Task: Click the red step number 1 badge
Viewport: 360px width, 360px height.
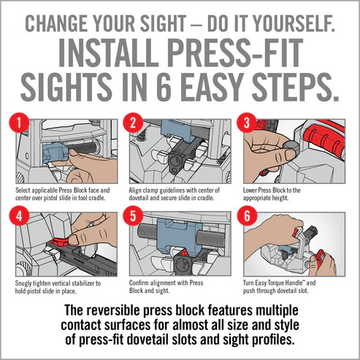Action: [19, 123]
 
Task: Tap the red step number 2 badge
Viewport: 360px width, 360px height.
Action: [133, 123]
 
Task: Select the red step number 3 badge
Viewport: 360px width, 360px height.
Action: [247, 123]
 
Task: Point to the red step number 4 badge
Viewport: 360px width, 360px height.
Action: [19, 215]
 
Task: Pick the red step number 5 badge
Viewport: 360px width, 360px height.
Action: [133, 215]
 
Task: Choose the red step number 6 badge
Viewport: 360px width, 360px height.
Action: [247, 215]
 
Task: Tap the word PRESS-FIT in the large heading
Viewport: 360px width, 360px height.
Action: [235, 53]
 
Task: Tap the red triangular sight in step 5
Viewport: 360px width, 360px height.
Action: [184, 253]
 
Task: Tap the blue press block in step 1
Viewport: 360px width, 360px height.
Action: [55, 153]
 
